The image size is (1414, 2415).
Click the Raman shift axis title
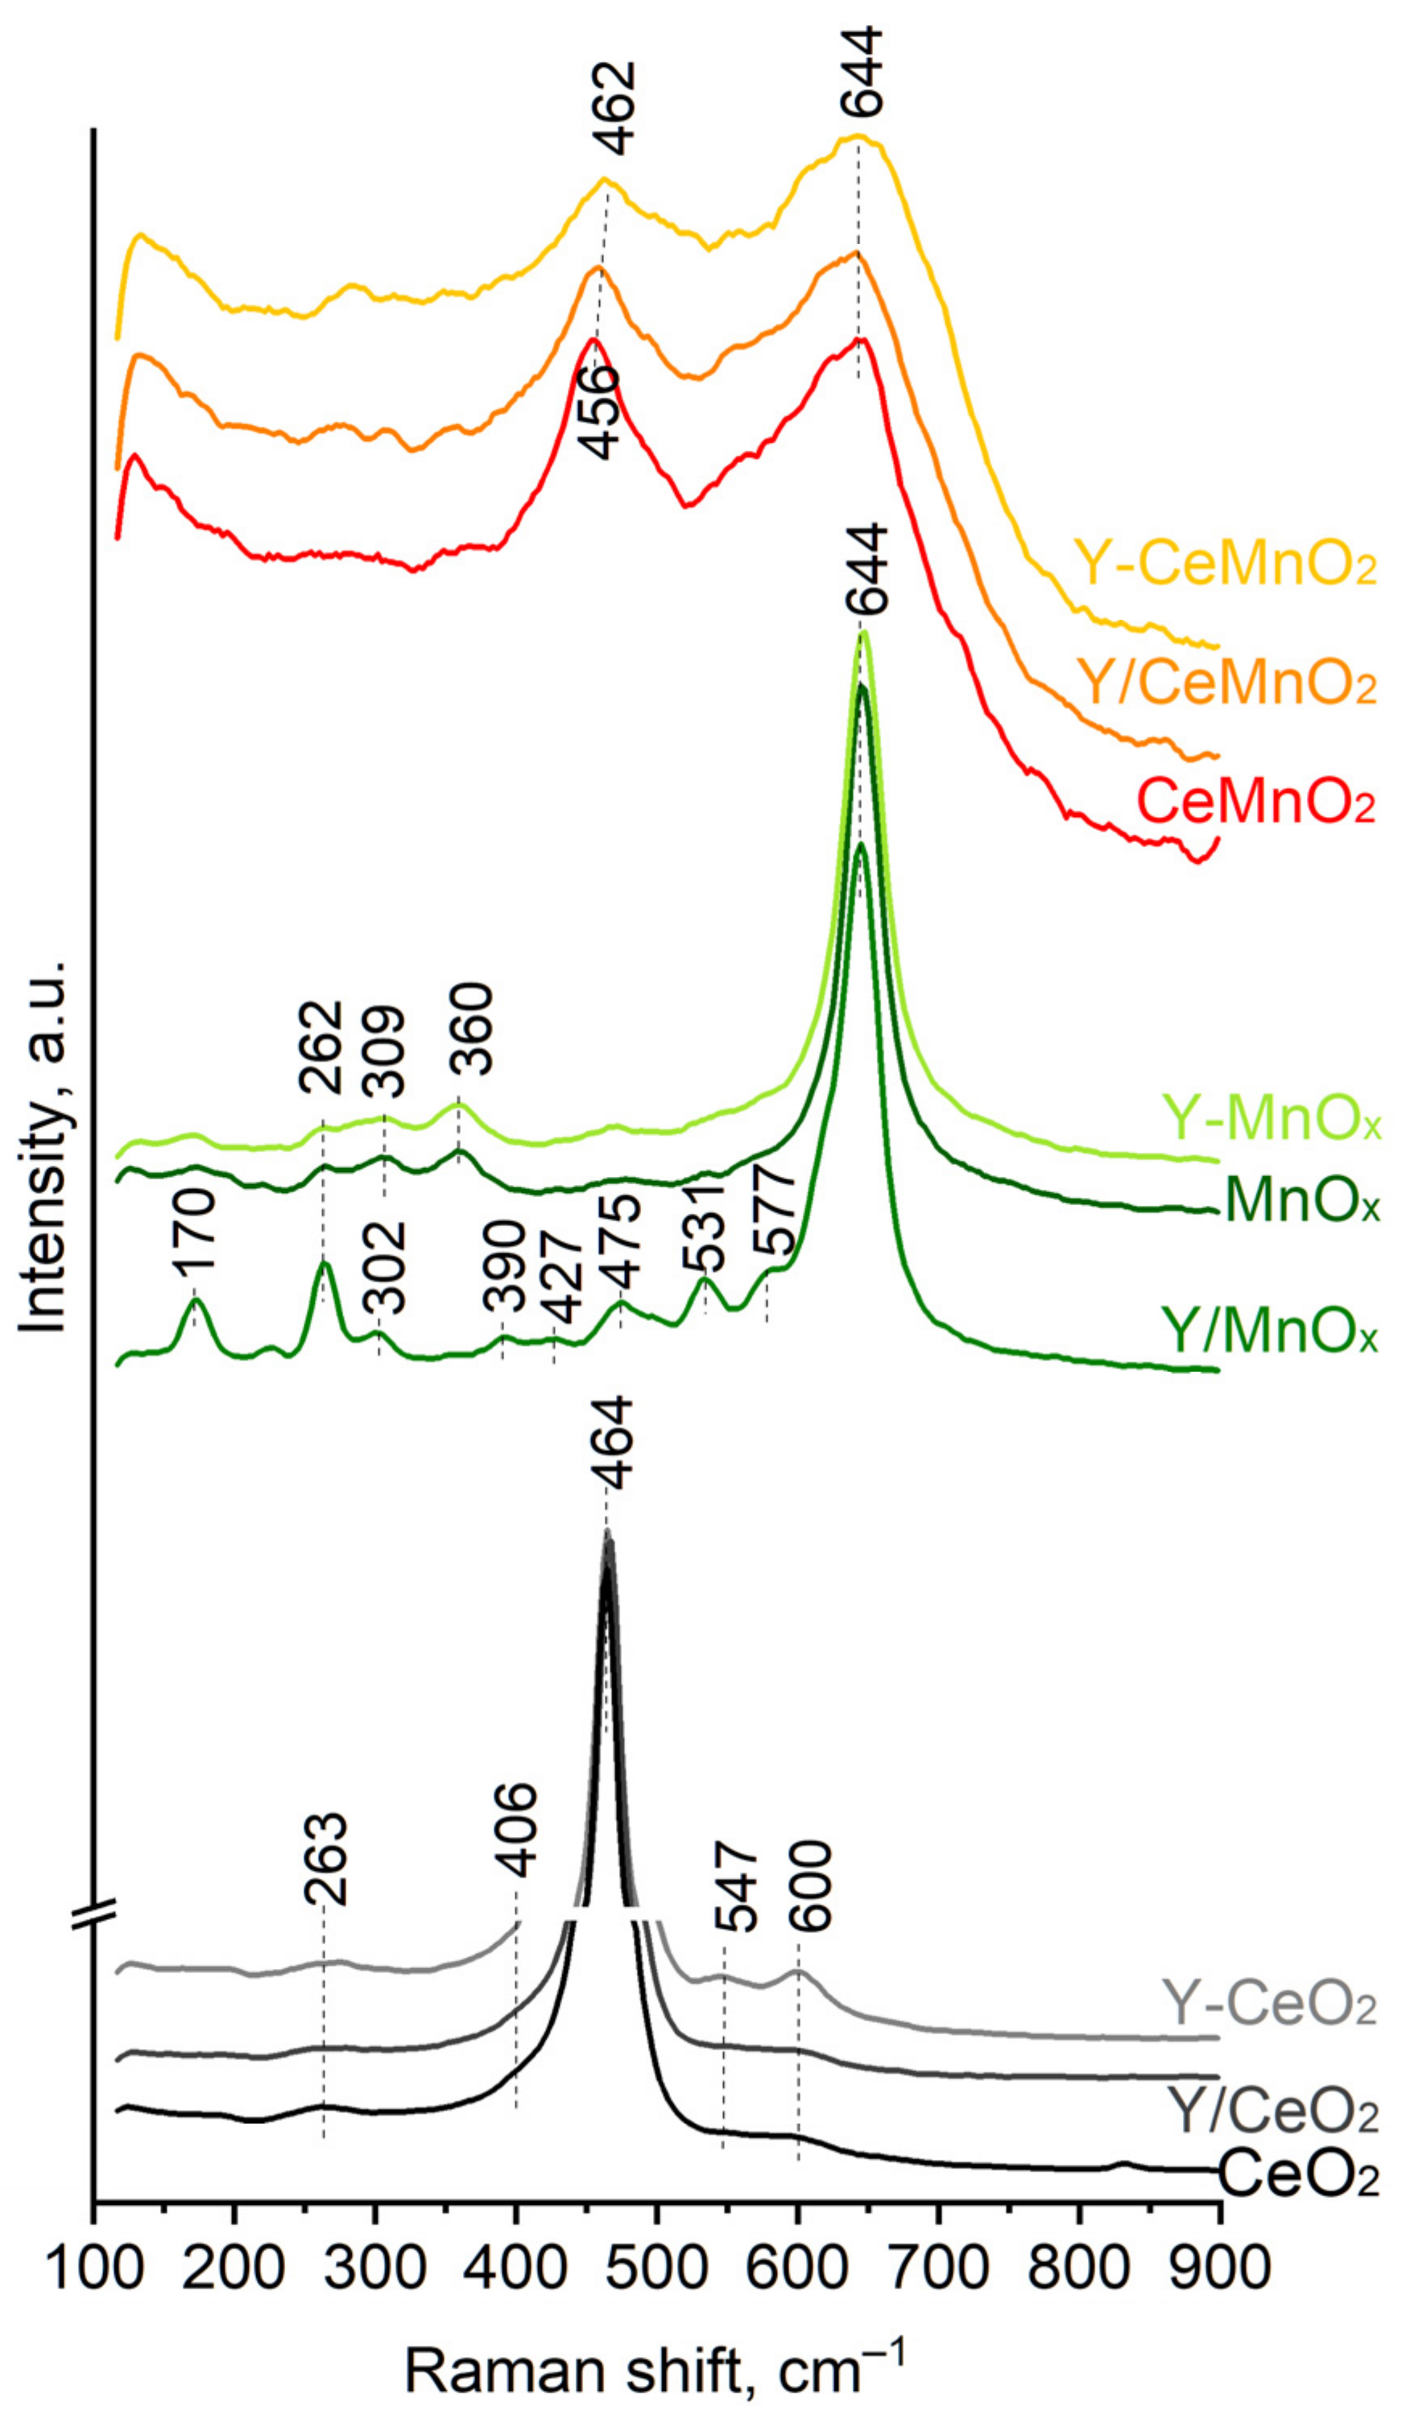(x=655, y=2367)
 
